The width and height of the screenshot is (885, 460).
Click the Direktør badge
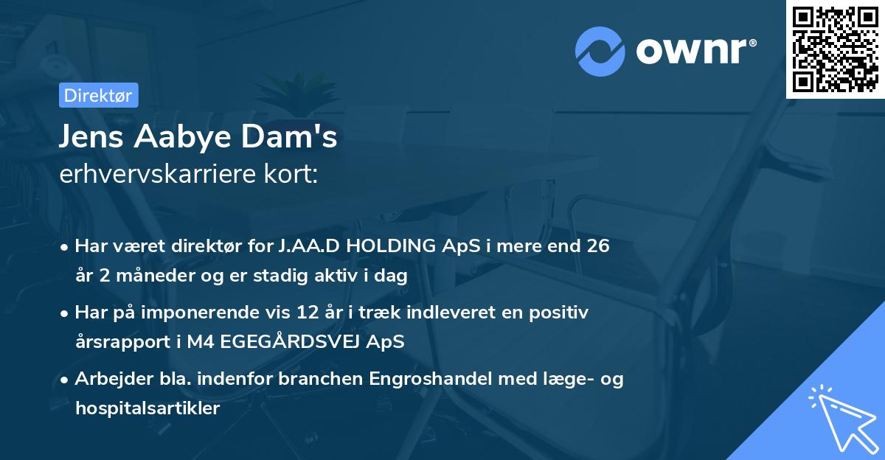[x=98, y=95]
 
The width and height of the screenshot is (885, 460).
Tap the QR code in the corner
[x=836, y=49]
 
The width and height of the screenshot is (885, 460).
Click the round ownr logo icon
[x=601, y=52]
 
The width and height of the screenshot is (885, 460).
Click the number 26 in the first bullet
[x=598, y=246]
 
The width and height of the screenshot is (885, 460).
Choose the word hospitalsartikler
[x=147, y=408]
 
